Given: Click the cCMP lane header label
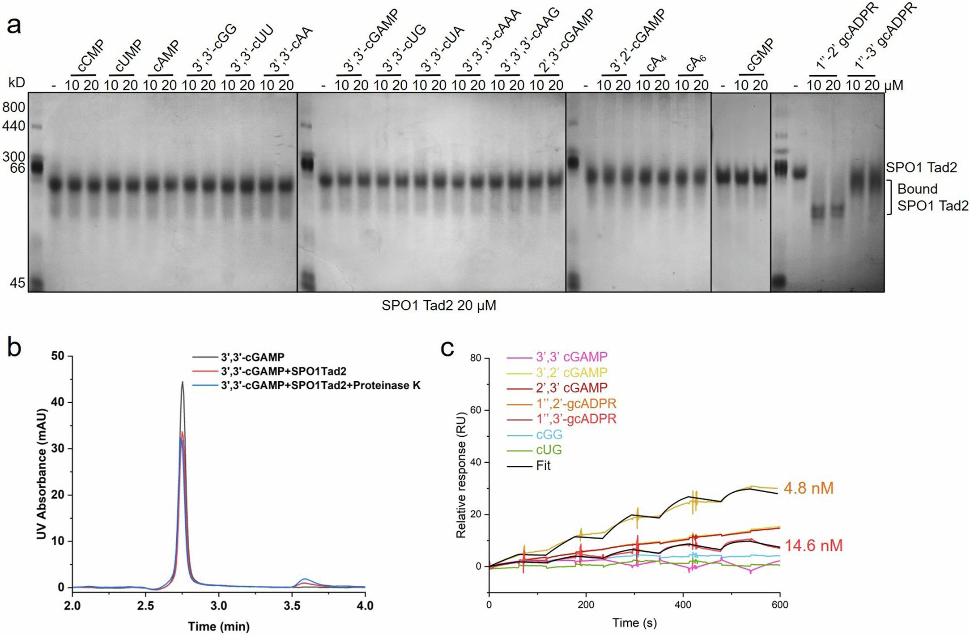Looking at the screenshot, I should (91, 56).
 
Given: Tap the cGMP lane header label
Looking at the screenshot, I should (758, 55).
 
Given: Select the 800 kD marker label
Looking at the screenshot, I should (14, 107).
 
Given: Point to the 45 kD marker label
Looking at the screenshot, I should (17, 282).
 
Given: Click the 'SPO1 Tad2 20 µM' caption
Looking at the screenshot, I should (438, 306).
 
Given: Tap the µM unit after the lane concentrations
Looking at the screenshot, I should (893, 85).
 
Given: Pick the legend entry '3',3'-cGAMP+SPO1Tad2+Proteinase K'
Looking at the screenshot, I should (320, 385).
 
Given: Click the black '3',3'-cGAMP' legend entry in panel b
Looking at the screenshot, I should (252, 357).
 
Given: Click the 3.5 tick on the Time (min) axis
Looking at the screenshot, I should (292, 606).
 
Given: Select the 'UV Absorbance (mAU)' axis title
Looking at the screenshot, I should (42, 473).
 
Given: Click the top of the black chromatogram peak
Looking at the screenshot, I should (182, 382).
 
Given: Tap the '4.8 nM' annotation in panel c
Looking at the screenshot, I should (808, 488).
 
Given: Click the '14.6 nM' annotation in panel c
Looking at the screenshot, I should (813, 546).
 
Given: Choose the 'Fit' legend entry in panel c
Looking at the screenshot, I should (543, 466).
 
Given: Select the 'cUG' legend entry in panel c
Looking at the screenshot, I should (549, 450).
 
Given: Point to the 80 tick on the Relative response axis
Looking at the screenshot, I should (476, 358).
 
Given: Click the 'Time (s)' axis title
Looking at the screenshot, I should (634, 623).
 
